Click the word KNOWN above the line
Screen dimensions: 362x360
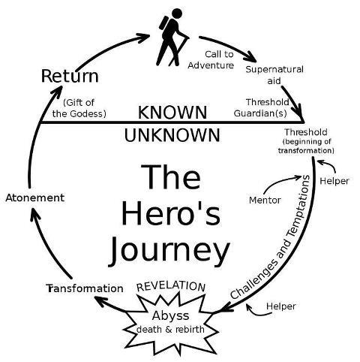pyautogui.click(x=172, y=113)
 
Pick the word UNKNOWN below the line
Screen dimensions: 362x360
pyautogui.click(x=172, y=135)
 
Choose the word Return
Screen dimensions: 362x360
pyautogui.click(x=70, y=76)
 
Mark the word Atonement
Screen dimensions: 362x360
pyautogui.click(x=34, y=198)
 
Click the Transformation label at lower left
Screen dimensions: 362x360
pyautogui.click(x=83, y=288)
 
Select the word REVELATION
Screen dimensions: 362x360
pyautogui.click(x=170, y=286)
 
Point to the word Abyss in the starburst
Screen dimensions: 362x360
pyautogui.click(x=171, y=314)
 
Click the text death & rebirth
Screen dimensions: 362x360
pyautogui.click(x=172, y=329)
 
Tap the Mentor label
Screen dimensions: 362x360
pyautogui.click(x=263, y=201)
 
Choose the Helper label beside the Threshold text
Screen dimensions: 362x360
pyautogui.click(x=334, y=181)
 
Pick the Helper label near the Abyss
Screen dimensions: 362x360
pyautogui.click(x=280, y=306)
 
